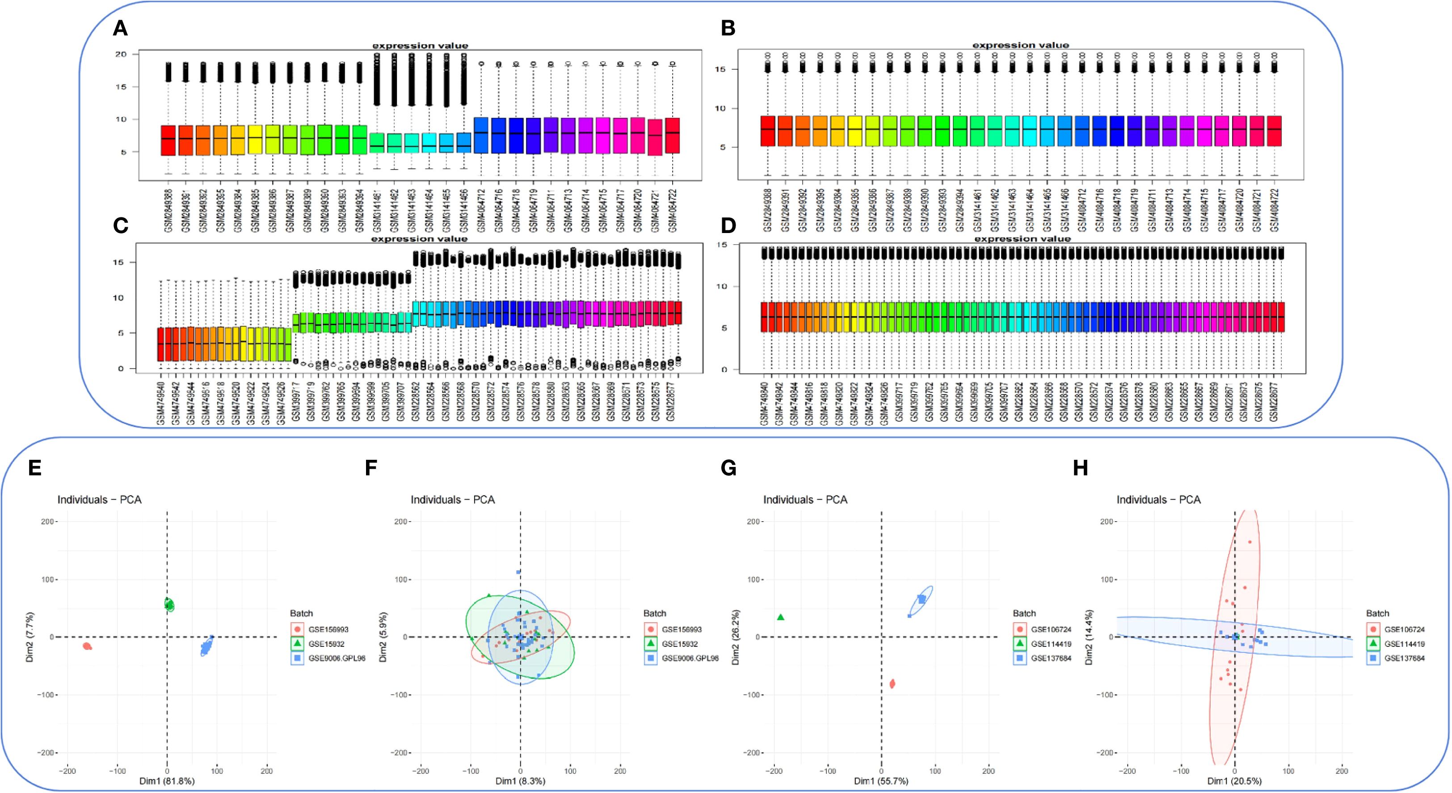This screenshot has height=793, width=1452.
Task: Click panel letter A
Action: click(x=120, y=28)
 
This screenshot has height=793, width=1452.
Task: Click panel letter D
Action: click(x=728, y=225)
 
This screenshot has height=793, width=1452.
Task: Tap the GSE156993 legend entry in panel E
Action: click(x=328, y=629)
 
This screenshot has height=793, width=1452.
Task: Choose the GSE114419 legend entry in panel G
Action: click(x=1051, y=644)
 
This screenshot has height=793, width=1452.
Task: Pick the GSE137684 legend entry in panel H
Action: click(x=1404, y=657)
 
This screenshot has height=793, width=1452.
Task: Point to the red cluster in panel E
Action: click(x=87, y=646)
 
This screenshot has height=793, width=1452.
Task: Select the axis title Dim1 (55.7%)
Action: click(x=880, y=781)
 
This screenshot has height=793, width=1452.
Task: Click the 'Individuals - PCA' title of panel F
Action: click(x=452, y=500)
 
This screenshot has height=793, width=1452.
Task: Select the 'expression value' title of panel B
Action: click(x=1020, y=45)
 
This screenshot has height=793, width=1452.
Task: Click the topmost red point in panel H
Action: click(x=1249, y=542)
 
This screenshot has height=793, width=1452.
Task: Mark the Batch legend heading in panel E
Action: click(x=301, y=613)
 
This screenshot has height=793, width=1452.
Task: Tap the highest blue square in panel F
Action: click(x=518, y=572)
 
